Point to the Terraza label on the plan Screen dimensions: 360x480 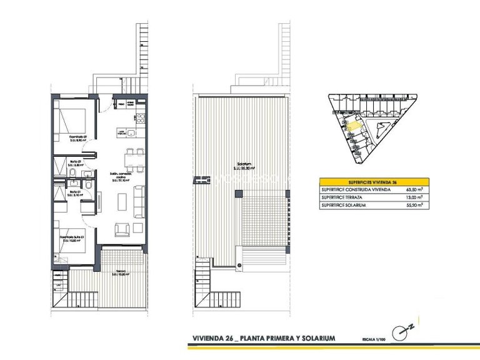pos(118,272)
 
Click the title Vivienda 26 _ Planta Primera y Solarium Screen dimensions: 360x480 pos(264,338)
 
